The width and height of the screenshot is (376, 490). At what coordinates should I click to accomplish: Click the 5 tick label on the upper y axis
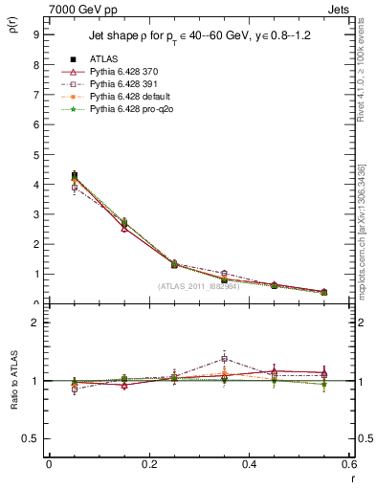coord(35,154)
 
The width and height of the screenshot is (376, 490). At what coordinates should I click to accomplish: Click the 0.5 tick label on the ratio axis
coord(32,438)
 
